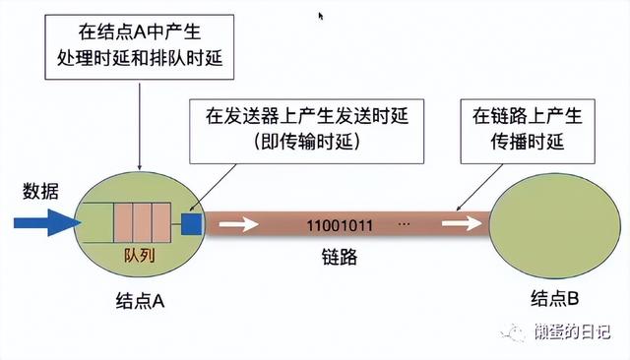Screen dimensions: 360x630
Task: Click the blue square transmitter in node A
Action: click(x=192, y=225)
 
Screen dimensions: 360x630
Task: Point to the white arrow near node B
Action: click(x=459, y=225)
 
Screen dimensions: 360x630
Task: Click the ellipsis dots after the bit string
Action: click(x=404, y=225)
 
